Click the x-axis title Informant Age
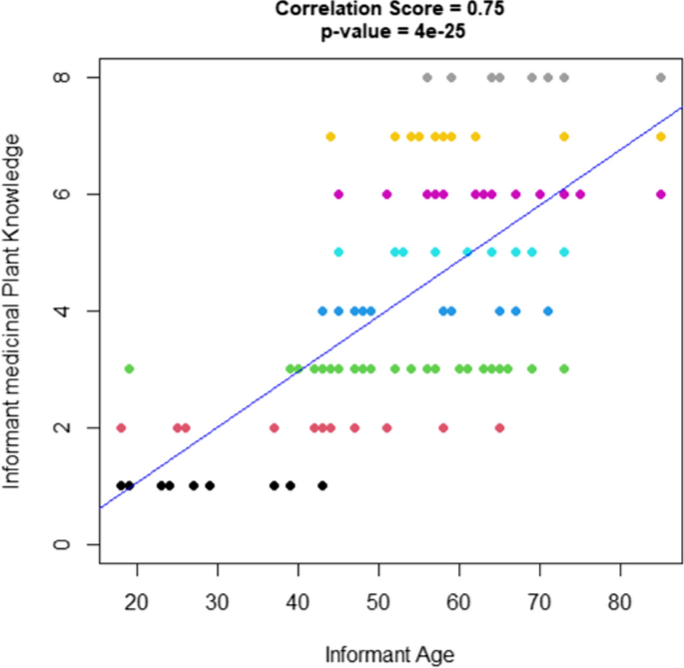pyautogui.click(x=389, y=655)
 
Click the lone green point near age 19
pyautogui.click(x=129, y=368)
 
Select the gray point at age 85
pyautogui.click(x=660, y=77)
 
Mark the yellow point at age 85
pyautogui.click(x=660, y=136)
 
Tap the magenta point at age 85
pyautogui.click(x=660, y=194)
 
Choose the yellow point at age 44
pyautogui.click(x=331, y=136)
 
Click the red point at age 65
pyautogui.click(x=499, y=427)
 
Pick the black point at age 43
pyautogui.click(x=323, y=485)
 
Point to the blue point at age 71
pyautogui.click(x=547, y=311)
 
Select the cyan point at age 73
pyautogui.click(x=564, y=253)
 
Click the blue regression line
pyautogui.click(x=399, y=300)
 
